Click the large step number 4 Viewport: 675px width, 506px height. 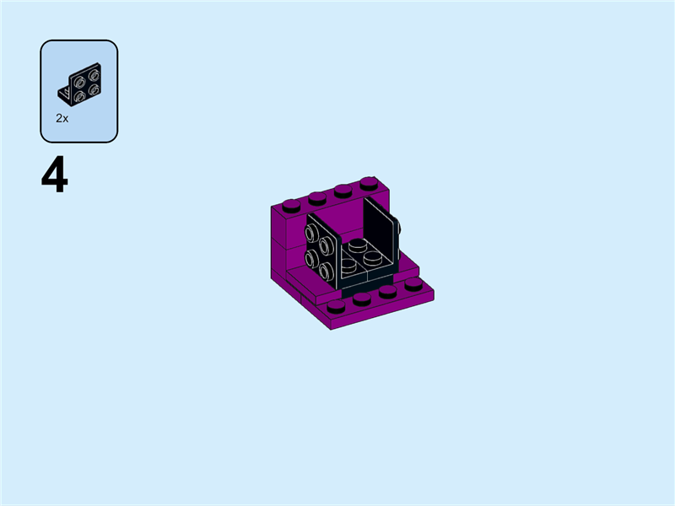click(54, 177)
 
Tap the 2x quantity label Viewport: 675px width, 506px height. click(62, 119)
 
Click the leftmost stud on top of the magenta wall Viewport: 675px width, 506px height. click(291, 204)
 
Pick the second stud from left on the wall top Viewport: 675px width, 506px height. click(316, 197)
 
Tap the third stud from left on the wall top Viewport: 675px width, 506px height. click(343, 190)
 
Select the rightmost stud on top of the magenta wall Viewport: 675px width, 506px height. click(368, 182)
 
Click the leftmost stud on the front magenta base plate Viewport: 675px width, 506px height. click(336, 307)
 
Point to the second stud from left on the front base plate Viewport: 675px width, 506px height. click(362, 299)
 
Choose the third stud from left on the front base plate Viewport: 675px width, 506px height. click(387, 292)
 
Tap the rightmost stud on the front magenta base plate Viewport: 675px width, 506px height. click(413, 284)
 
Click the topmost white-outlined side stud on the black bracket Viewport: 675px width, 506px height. click(313, 234)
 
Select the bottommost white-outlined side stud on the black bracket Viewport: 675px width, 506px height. click(326, 271)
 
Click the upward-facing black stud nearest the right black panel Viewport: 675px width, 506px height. click(374, 256)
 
